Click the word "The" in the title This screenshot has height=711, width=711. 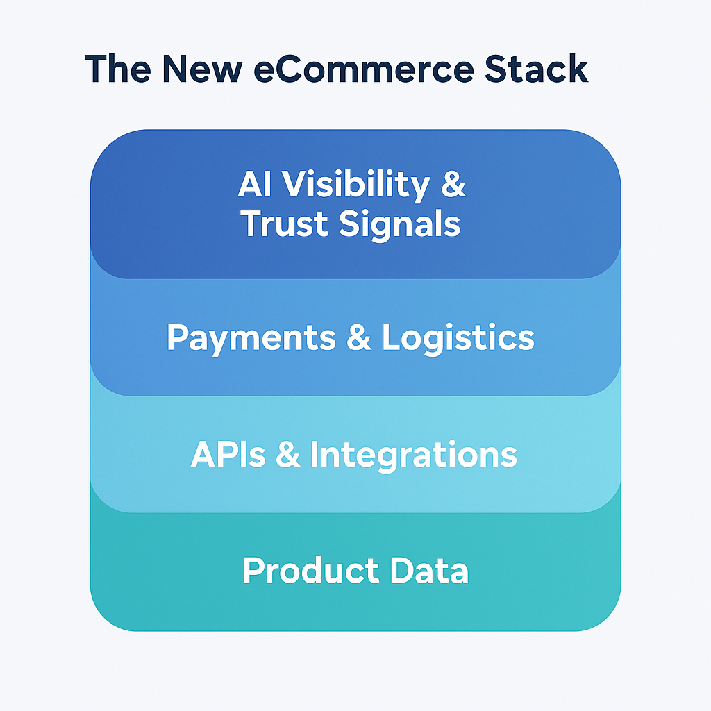[x=120, y=69]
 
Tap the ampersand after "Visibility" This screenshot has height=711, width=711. [x=453, y=185]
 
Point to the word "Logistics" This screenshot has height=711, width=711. [x=458, y=339]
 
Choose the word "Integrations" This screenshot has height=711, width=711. [x=413, y=456]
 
